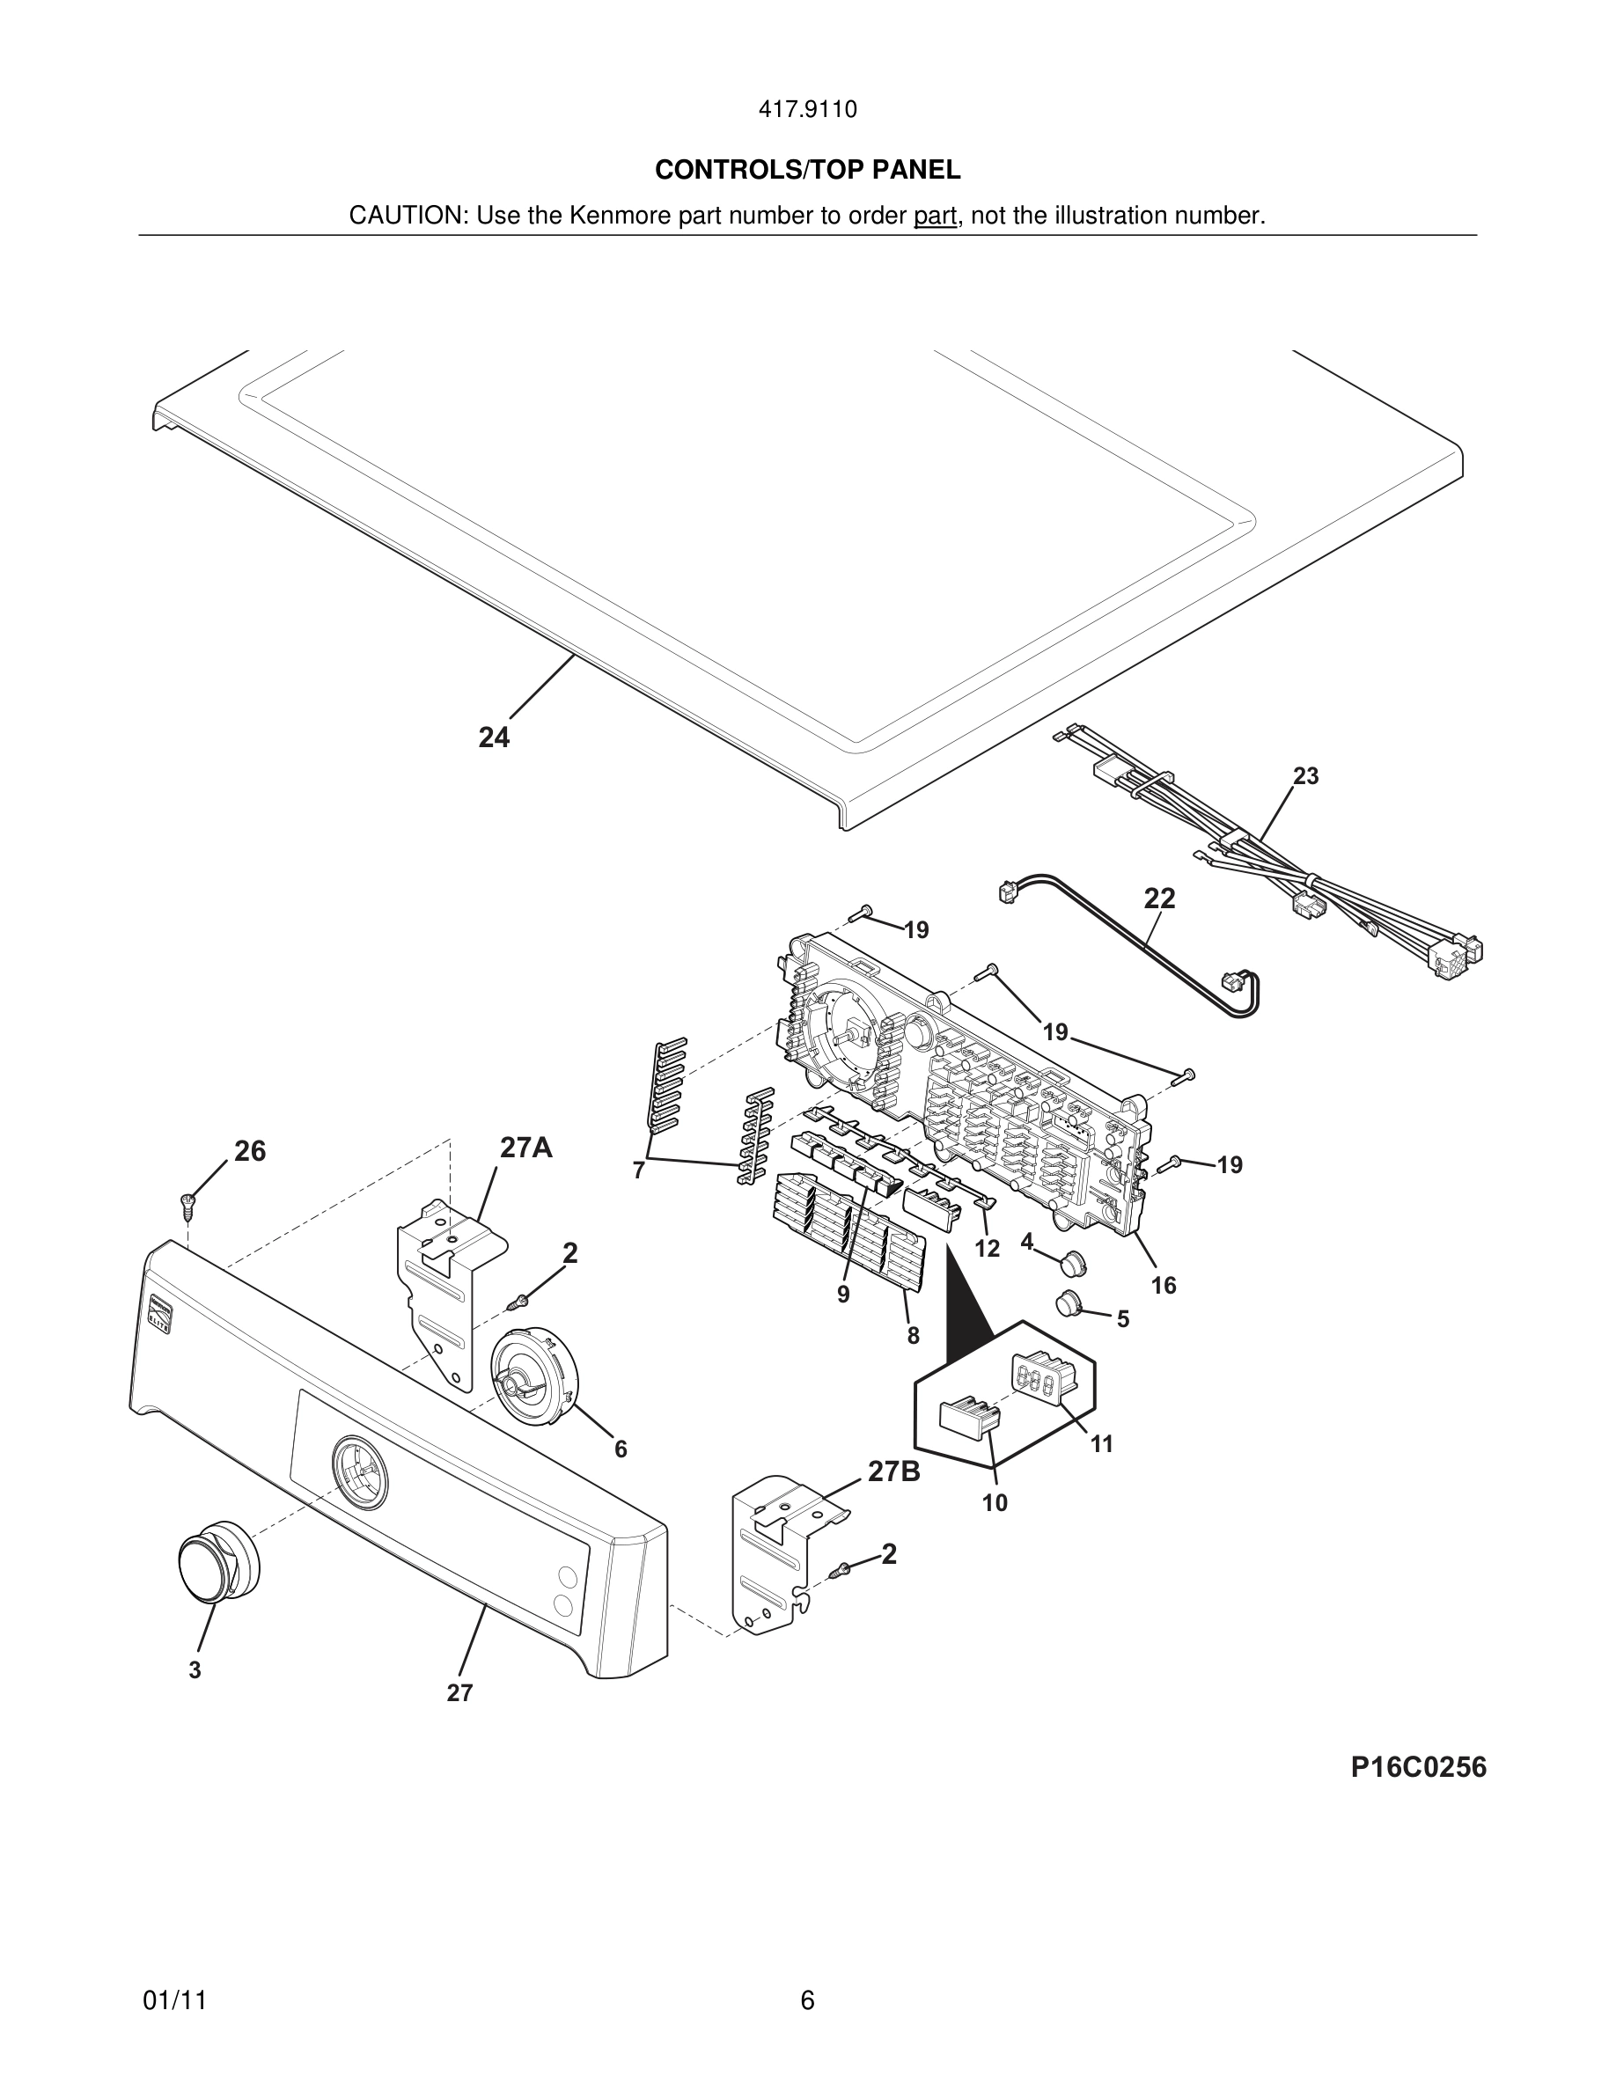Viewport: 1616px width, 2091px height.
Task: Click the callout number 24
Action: (494, 737)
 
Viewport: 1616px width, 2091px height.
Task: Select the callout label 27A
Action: (525, 1147)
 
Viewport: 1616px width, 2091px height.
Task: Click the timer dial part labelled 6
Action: (533, 1374)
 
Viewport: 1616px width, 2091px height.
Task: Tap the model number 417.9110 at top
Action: (807, 110)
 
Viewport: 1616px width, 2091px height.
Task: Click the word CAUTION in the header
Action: (406, 216)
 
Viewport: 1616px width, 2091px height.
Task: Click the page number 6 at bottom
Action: (807, 2001)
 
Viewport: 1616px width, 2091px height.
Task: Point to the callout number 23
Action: (1306, 775)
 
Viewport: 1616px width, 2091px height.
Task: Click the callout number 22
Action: (1159, 898)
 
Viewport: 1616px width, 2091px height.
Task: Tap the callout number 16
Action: (1164, 1285)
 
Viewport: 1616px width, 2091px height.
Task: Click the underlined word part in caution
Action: (935, 216)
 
